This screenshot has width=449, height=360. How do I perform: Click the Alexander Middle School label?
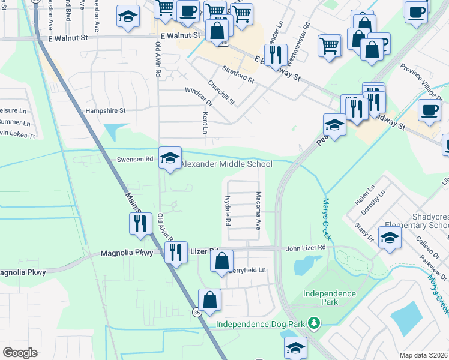[x=226, y=164]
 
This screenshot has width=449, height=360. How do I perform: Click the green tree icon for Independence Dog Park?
[x=313, y=324]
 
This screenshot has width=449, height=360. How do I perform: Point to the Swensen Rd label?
[x=136, y=160]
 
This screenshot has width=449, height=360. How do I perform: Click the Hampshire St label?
[x=105, y=110]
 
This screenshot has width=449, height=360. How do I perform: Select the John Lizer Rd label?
[x=306, y=247]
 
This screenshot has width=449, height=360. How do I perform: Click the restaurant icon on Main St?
[x=139, y=223]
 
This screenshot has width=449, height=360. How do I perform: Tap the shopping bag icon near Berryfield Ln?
[x=221, y=262]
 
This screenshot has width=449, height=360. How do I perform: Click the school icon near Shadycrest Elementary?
[x=390, y=238]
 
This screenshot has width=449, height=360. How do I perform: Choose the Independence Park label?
[x=329, y=293]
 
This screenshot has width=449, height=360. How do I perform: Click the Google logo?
[x=20, y=352]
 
